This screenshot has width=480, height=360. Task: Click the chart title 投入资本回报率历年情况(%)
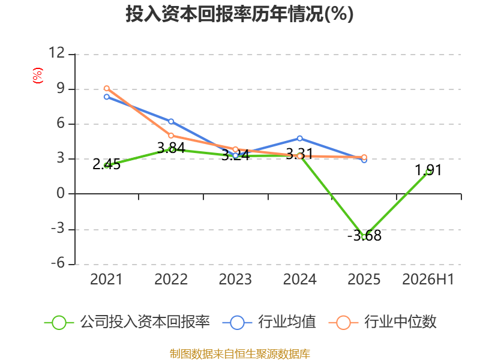pyautogui.click(x=239, y=14)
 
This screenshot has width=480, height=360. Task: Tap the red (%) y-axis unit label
pyautogui.click(x=38, y=76)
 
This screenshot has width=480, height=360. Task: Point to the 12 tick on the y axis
pyautogui.click(x=57, y=53)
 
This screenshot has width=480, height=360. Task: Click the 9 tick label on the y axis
pyautogui.click(x=61, y=88)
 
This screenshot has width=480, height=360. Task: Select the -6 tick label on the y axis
pyautogui.click(x=58, y=263)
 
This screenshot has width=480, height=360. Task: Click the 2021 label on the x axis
pyautogui.click(x=106, y=279)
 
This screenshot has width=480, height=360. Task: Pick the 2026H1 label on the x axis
pyautogui.click(x=428, y=279)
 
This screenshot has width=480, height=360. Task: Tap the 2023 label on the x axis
pyautogui.click(x=235, y=279)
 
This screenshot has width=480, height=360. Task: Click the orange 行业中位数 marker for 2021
pyautogui.click(x=107, y=88)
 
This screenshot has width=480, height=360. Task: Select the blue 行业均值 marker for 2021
pyautogui.click(x=107, y=97)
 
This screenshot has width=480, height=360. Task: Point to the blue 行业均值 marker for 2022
pyautogui.click(x=171, y=122)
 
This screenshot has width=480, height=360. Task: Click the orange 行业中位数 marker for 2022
pyautogui.click(x=171, y=136)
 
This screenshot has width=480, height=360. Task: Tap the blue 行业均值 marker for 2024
pyautogui.click(x=299, y=139)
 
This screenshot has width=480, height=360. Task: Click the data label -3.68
pyautogui.click(x=364, y=236)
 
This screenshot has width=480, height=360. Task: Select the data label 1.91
pyautogui.click(x=428, y=170)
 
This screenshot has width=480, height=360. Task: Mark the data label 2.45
pyautogui.click(x=107, y=164)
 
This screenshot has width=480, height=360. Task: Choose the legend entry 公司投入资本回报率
pyautogui.click(x=127, y=322)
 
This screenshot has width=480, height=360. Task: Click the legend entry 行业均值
pyautogui.click(x=269, y=322)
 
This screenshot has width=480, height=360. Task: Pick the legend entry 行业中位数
pyautogui.click(x=382, y=322)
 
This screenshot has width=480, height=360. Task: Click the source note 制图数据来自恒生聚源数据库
pyautogui.click(x=240, y=353)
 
